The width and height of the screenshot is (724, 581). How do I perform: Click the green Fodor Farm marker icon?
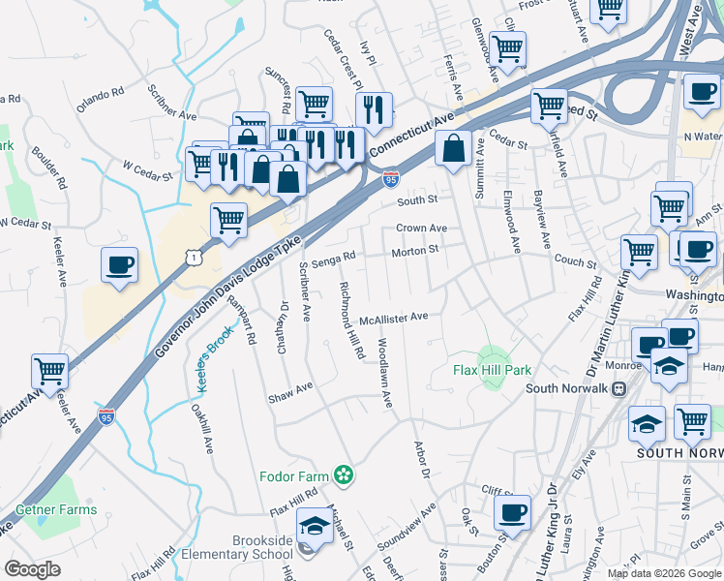(x=343, y=474)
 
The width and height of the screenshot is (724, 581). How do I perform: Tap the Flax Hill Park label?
(x=492, y=370)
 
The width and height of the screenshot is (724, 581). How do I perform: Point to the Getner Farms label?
(x=55, y=509)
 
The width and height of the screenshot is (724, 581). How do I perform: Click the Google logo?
(x=32, y=568)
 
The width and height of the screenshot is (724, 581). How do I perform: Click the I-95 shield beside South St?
(x=390, y=180)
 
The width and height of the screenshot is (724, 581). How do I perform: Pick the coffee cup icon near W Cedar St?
(x=119, y=266)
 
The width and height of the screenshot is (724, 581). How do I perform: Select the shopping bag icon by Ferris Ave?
(x=452, y=150)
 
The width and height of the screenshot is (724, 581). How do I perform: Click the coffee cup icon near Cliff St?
(x=512, y=512)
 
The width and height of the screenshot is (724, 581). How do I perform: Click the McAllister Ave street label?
(x=393, y=318)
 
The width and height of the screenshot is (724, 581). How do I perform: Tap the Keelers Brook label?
(x=216, y=363)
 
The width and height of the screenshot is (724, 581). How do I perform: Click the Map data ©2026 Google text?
(x=663, y=572)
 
